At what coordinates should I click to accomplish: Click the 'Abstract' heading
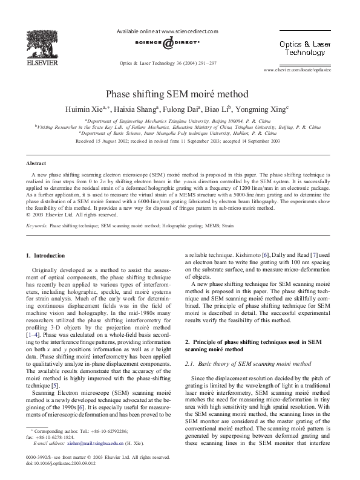(34, 163)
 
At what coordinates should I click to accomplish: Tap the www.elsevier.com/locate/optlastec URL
(306, 70)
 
